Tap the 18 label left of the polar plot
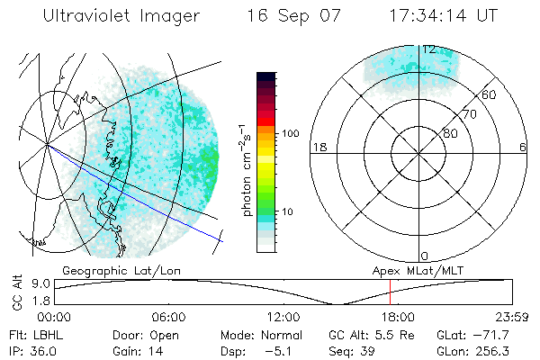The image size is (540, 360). click(318, 147)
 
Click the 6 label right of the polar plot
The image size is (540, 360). click(523, 147)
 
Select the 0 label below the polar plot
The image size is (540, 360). click(425, 256)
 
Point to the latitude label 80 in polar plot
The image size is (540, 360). click(450, 133)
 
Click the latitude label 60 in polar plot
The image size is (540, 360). click(490, 94)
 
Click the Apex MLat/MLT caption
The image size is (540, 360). click(416, 269)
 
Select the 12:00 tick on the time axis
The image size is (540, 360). click(283, 317)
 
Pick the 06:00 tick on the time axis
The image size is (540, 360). click(168, 317)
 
